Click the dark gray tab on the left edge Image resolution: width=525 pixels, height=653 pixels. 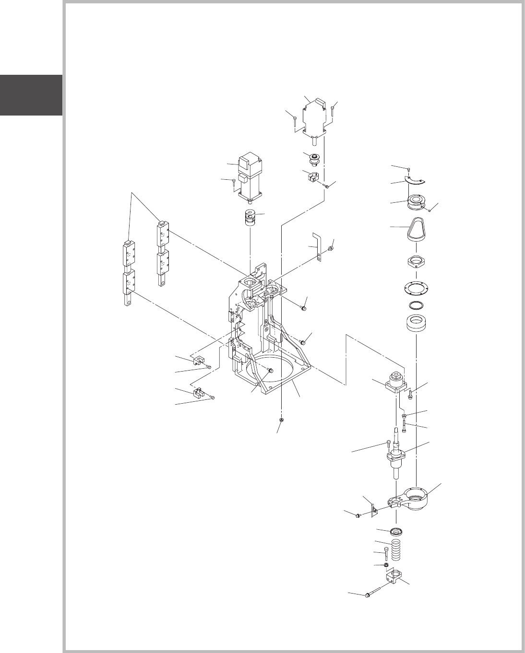point(31,95)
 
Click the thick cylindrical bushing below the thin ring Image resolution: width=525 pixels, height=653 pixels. point(416,324)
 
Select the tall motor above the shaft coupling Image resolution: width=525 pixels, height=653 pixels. point(251,177)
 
